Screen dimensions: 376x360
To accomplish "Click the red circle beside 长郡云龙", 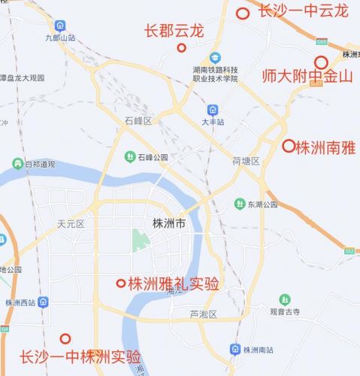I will pyautogui.click(x=181, y=48).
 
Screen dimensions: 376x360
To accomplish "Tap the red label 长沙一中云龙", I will pyautogui.click(x=303, y=11).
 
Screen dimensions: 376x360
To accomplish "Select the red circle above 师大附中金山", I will pyautogui.click(x=321, y=62).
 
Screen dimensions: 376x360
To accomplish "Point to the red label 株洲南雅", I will pyautogui.click(x=325, y=147).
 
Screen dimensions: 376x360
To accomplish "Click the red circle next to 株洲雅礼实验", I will pyautogui.click(x=120, y=284).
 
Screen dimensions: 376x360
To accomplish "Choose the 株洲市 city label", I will pyautogui.click(x=168, y=223).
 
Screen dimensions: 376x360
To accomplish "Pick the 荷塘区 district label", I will pyautogui.click(x=246, y=161).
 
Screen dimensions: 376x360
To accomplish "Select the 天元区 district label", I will pyautogui.click(x=71, y=223).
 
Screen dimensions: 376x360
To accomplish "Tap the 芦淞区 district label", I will pyautogui.click(x=203, y=314).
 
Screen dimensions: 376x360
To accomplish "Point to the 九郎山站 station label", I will pyautogui.click(x=60, y=37).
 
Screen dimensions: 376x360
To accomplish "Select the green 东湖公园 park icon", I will pyautogui.click(x=239, y=204).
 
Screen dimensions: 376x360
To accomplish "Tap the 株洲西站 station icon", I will pyautogui.click(x=45, y=302).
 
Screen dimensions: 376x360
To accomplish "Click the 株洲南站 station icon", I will pyautogui.click(x=236, y=350).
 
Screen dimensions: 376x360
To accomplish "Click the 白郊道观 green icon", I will pyautogui.click(x=17, y=163).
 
